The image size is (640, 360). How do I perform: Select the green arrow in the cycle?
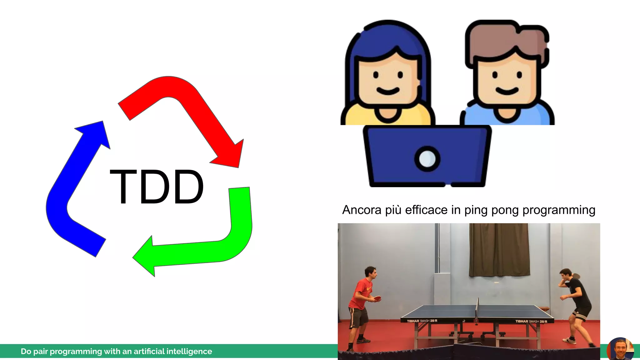219,247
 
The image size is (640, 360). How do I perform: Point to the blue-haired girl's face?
387,81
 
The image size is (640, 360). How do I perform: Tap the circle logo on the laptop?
427,159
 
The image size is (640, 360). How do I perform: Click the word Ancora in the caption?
362,210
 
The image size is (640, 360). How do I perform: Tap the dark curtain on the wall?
499,250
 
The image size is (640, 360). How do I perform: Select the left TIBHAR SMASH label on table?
422,321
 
